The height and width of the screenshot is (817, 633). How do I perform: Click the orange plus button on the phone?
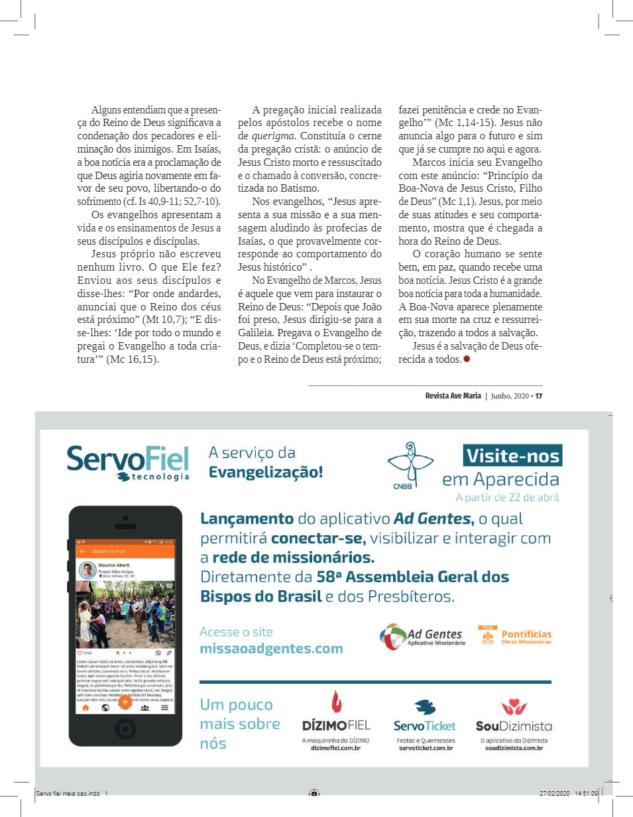coord(125,702)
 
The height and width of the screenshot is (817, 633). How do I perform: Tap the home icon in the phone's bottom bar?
coord(85,708)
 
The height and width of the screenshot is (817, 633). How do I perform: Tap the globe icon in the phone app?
coord(105,708)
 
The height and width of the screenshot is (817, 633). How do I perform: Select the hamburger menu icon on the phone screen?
coord(164,708)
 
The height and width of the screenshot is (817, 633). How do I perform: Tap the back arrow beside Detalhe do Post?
coord(83,551)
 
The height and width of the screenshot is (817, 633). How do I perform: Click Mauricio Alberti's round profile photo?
coord(87,570)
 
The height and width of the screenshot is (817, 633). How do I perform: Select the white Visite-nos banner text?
coord(512,456)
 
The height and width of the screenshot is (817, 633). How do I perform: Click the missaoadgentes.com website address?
coord(271,649)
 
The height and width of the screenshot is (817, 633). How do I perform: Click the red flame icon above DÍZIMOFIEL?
coord(337,702)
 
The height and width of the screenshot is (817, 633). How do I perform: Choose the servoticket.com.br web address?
coord(426,748)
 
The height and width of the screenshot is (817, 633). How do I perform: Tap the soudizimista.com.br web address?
coord(514,748)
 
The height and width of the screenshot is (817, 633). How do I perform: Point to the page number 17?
coord(539,397)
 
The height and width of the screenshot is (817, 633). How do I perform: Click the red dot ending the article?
coord(467,359)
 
